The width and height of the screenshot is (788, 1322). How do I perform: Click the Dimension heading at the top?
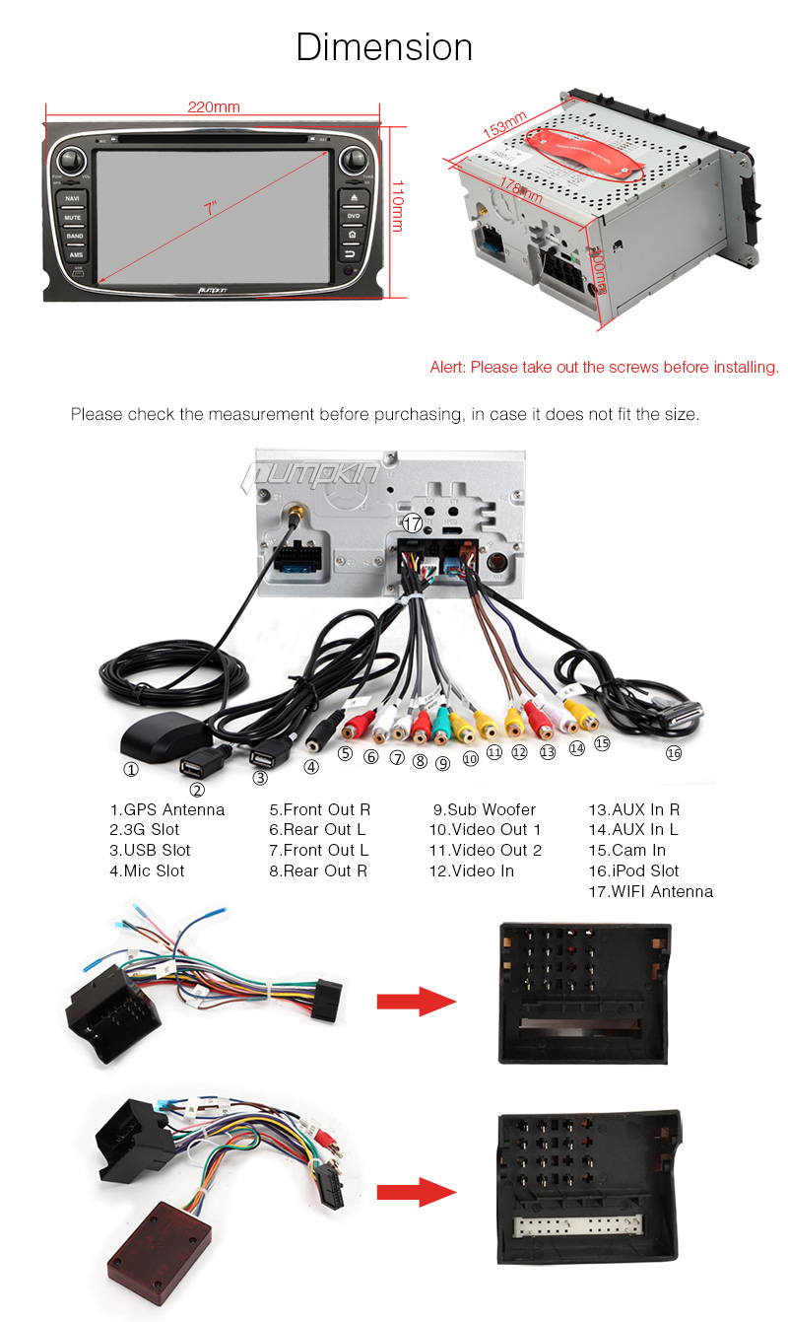384,47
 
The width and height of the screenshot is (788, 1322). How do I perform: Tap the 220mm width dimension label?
214,107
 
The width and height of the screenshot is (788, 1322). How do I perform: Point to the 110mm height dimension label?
398,205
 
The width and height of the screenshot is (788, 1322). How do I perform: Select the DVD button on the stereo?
353,216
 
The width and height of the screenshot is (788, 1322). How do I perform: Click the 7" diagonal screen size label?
210,209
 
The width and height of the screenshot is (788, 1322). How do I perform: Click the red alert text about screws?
604,368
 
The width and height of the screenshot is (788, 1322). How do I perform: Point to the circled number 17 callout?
413,524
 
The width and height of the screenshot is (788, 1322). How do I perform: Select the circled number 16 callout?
673,752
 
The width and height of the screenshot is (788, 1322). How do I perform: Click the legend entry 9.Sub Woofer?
484,810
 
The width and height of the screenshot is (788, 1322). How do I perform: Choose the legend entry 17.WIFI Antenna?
650,892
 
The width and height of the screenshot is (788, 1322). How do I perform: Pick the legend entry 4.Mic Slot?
147,871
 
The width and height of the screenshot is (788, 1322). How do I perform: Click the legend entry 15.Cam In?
626,851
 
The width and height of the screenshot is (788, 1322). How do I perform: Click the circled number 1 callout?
130,770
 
